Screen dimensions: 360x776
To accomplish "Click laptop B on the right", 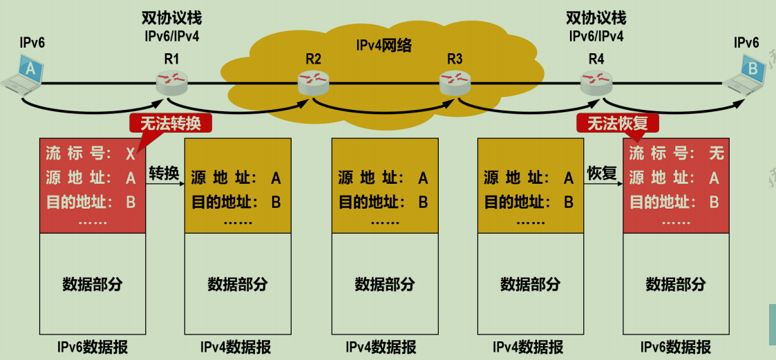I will (746, 75).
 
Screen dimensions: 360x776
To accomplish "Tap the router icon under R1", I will (171, 82).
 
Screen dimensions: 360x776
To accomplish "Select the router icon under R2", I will (313, 83).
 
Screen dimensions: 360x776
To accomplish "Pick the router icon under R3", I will (455, 83).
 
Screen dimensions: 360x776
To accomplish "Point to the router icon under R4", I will (596, 83).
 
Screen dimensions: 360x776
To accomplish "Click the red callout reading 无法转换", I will (170, 123).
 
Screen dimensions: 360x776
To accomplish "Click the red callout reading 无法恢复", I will (617, 123).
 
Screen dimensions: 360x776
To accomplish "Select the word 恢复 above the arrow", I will (602, 173).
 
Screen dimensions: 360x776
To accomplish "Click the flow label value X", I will (131, 153).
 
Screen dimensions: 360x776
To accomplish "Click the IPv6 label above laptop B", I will (746, 43).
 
